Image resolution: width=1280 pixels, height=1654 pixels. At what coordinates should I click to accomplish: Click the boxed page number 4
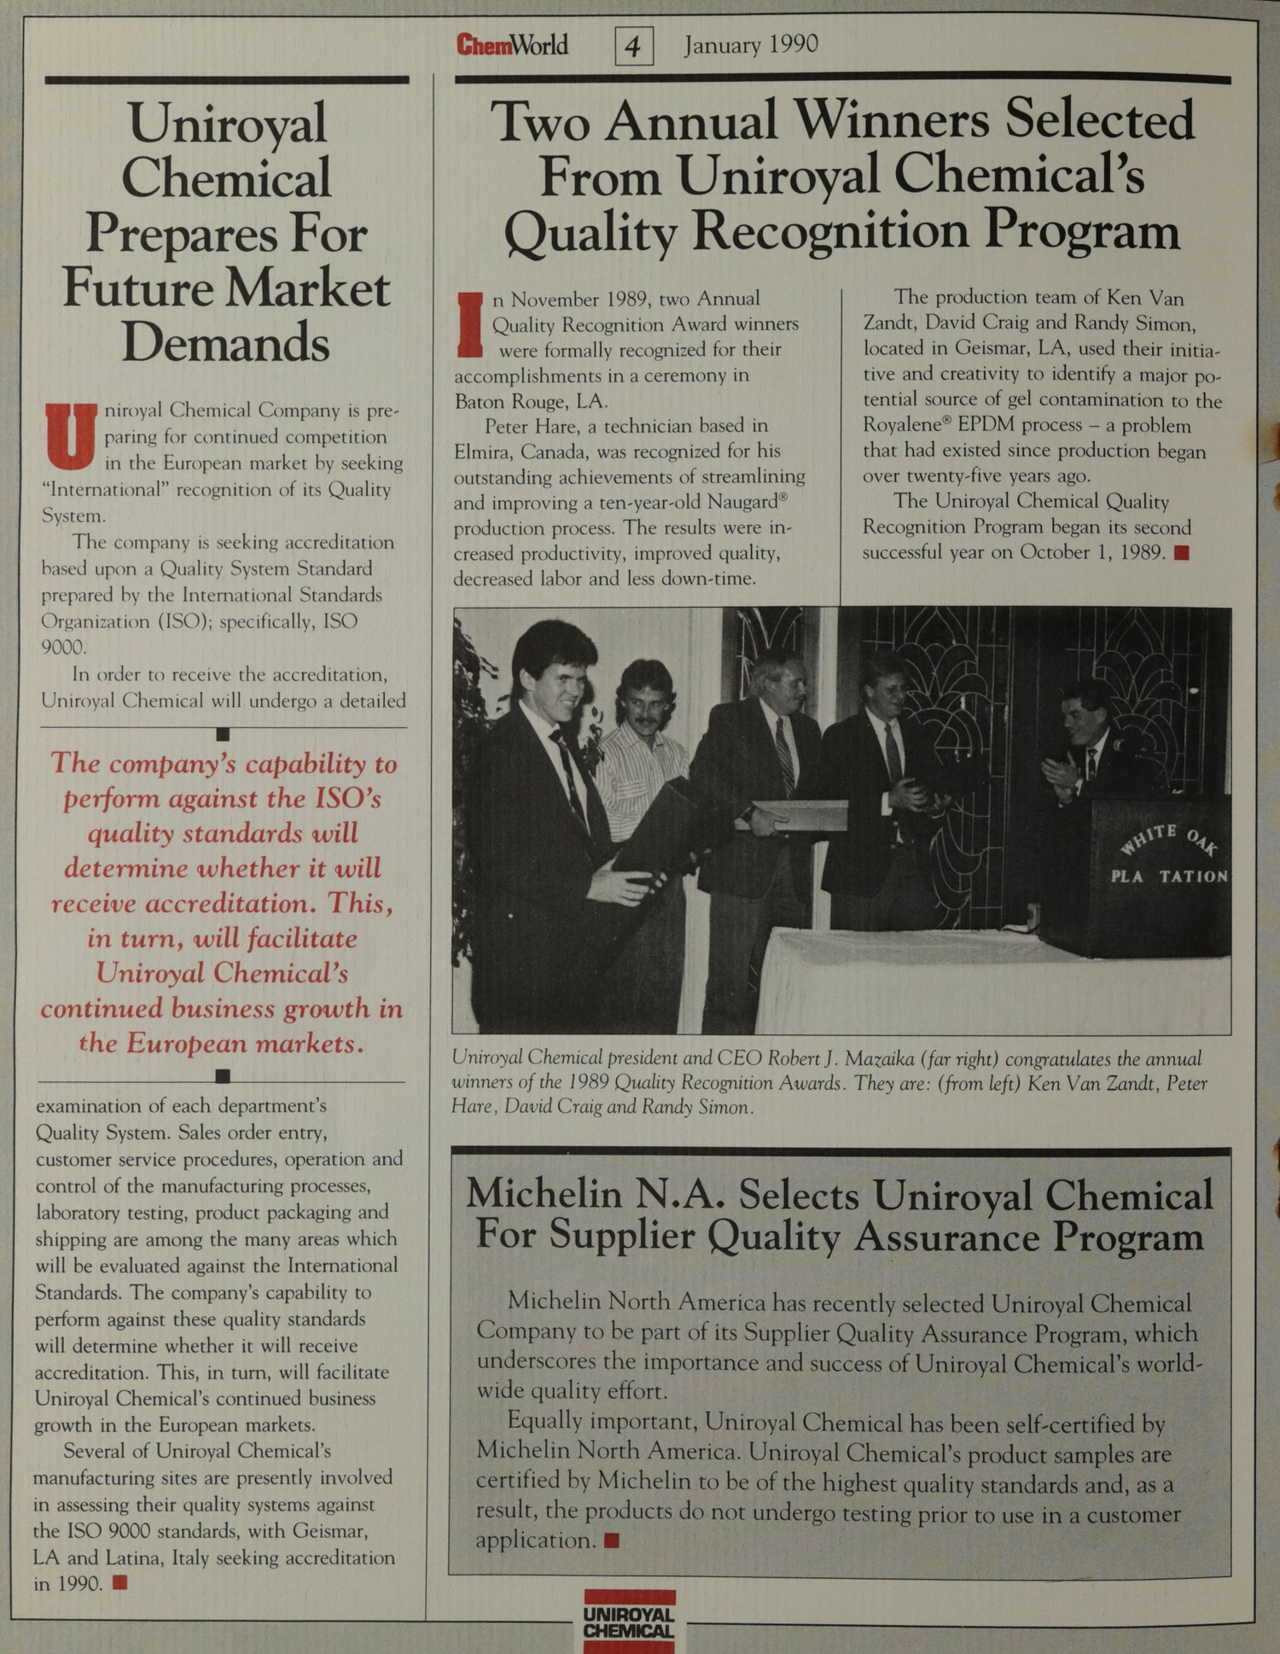point(633,46)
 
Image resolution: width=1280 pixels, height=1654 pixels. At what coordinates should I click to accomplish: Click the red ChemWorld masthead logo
point(512,44)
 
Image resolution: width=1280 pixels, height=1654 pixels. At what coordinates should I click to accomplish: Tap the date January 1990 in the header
point(751,44)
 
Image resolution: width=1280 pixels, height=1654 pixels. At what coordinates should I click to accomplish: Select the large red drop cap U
point(71,436)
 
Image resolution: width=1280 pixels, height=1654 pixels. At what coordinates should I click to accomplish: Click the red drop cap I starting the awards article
point(470,325)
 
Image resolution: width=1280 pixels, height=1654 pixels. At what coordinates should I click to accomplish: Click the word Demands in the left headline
point(225,343)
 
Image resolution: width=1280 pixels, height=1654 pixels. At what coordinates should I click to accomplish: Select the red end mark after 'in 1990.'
point(120,1583)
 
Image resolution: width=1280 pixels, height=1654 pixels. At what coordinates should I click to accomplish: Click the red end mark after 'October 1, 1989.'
point(1181,553)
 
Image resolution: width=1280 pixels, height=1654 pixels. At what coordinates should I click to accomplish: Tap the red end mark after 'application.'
point(611,1540)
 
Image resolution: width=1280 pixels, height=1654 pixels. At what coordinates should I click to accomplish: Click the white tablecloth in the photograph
point(896,981)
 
